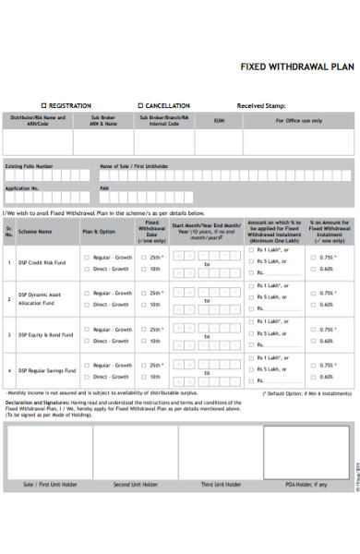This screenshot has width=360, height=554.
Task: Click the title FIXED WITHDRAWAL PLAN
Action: [296, 66]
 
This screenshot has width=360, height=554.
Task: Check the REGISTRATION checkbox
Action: [43, 105]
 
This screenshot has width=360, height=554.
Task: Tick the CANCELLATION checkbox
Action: [140, 105]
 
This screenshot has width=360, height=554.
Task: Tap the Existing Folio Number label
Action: [29, 167]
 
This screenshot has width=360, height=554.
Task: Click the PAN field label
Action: [104, 187]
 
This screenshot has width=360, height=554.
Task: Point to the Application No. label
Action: [22, 187]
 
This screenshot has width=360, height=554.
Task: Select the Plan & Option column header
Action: [99, 232]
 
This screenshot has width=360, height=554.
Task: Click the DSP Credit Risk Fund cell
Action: [42, 262]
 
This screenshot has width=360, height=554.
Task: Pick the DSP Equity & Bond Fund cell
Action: [44, 334]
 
